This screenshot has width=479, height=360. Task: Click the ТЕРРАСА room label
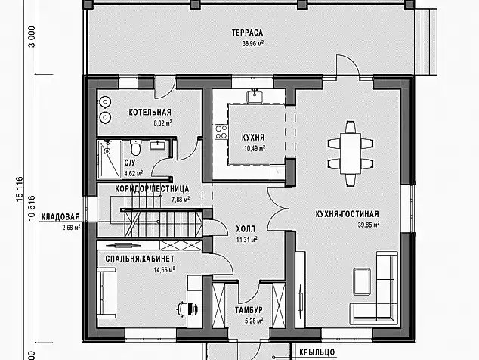247,33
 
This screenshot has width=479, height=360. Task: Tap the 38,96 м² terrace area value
253,43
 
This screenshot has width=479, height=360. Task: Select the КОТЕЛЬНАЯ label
150,112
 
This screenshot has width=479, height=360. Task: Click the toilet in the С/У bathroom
135,147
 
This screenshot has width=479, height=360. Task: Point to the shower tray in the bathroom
109,159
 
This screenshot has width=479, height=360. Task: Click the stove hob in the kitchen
221,132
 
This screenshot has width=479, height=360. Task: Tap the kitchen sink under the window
255,96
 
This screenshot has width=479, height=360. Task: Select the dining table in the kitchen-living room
351,153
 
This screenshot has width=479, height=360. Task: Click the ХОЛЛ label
246,229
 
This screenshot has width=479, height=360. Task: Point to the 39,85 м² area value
369,225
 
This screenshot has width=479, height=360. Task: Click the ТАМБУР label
249,310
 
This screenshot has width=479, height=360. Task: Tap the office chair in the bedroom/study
187,308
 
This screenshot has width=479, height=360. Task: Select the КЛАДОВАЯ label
60,217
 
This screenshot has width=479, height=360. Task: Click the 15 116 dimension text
19,189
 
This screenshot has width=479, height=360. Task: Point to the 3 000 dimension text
32,37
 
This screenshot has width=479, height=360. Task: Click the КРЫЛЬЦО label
317,352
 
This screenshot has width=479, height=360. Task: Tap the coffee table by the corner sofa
362,281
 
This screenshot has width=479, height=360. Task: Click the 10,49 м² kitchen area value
255,149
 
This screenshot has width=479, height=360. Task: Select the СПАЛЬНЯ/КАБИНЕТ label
140,259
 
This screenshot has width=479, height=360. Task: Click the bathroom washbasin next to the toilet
158,144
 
